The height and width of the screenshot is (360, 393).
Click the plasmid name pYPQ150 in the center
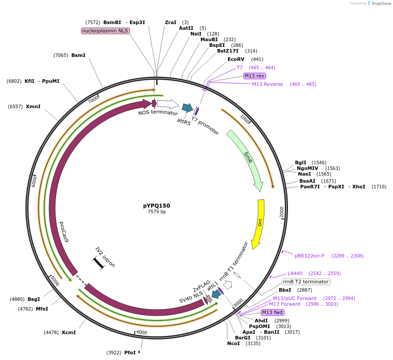pyautogui.click(x=156, y=205)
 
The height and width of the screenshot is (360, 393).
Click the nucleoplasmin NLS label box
pyautogui.click(x=105, y=31)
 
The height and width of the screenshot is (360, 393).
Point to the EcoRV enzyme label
pyautogui.click(x=236, y=59)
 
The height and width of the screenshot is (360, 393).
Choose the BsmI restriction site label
pyautogui.click(x=78, y=55)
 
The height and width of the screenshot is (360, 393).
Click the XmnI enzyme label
pyautogui.click(x=33, y=106)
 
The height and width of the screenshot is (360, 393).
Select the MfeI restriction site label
pyautogui.click(x=42, y=308)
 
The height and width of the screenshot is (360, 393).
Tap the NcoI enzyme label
pyautogui.click(x=233, y=343)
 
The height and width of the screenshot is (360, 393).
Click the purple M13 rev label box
pyautogui.click(x=255, y=76)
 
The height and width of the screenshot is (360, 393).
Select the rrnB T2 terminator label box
pyautogui.click(x=305, y=282)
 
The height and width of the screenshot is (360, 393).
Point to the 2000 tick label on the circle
pyautogui.click(x=281, y=212)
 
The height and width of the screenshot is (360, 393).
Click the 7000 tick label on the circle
pyautogui.click(x=93, y=99)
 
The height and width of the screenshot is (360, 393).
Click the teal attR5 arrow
pyautogui.click(x=187, y=107)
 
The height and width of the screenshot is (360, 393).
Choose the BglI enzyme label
pyautogui.click(x=301, y=162)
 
